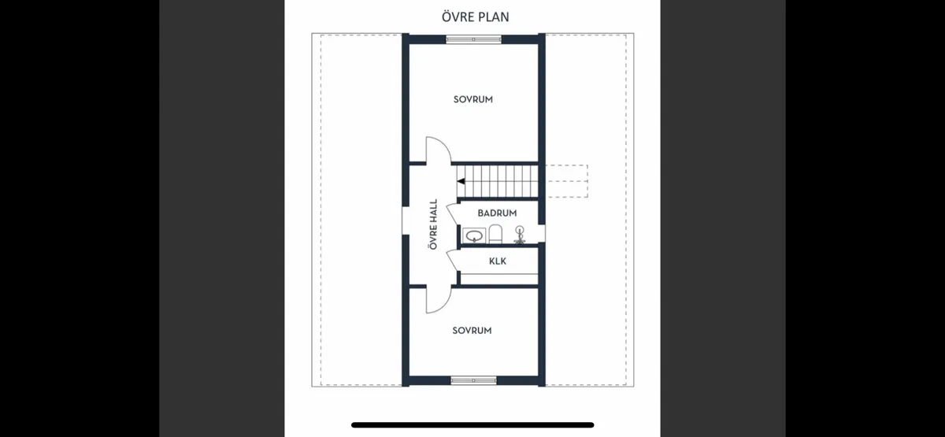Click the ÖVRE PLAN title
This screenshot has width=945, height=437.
point(472,17)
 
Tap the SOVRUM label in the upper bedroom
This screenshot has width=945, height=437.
point(472,99)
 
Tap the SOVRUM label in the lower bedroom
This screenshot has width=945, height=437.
point(472,331)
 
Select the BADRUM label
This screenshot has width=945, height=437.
point(497,213)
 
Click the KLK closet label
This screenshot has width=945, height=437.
point(498,261)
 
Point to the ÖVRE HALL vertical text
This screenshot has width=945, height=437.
point(432,224)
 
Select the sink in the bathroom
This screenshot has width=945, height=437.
point(474,235)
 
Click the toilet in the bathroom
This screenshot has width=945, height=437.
point(495,234)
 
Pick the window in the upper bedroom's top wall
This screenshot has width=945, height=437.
point(473,39)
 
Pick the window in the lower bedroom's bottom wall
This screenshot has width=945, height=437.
point(473,380)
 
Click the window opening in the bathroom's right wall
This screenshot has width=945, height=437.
point(543,232)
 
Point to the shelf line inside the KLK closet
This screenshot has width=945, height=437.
point(498,274)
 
